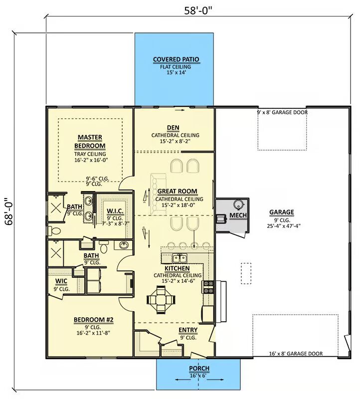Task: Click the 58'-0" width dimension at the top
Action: tap(198, 10)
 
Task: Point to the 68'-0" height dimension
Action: tap(9, 211)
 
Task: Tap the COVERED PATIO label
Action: tap(176, 59)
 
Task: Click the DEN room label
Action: tap(173, 128)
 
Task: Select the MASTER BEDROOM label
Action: tap(90, 142)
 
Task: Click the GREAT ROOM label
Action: tap(178, 192)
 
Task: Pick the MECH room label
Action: tap(238, 215)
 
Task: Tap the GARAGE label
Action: tap(282, 212)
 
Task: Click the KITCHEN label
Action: tap(177, 269)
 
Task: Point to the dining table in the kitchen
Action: tap(161, 300)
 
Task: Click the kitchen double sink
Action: tap(180, 258)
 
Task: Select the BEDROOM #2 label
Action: tap(93, 320)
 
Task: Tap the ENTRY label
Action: tap(188, 330)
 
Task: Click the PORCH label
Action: tap(199, 369)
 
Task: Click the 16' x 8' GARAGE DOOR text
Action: tap(296, 354)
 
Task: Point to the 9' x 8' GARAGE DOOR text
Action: tap(282, 112)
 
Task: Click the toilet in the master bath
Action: tap(54, 231)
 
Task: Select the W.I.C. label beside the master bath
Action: tap(115, 211)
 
